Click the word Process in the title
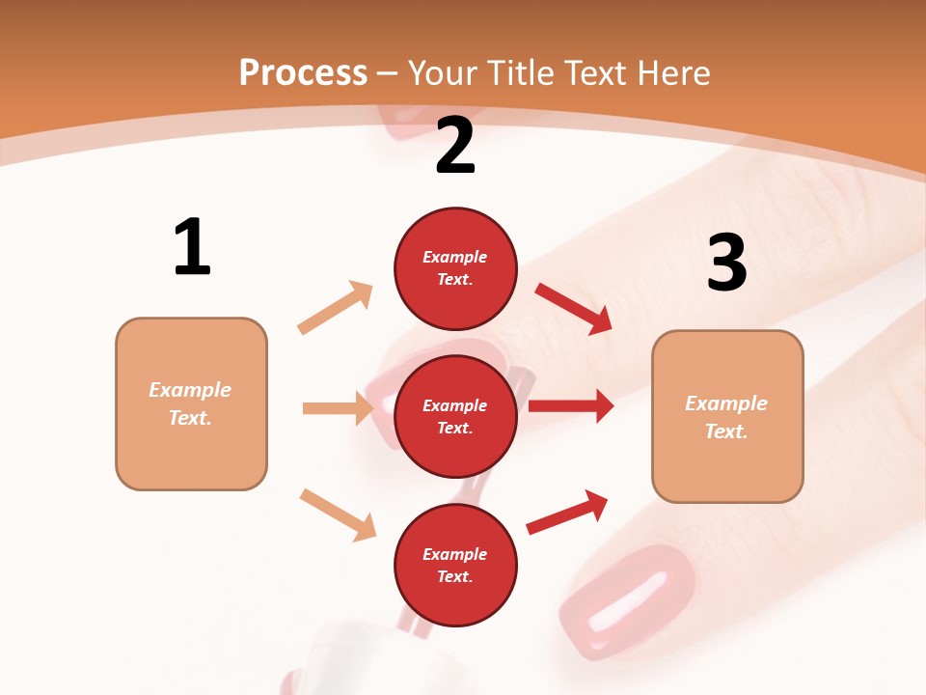(x=303, y=72)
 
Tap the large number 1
(x=192, y=247)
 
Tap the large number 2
(x=455, y=146)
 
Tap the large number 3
(x=726, y=262)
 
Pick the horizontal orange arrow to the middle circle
(x=338, y=408)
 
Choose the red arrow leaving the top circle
(x=574, y=309)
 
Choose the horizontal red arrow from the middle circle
(x=571, y=405)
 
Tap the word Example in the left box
(x=190, y=390)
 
